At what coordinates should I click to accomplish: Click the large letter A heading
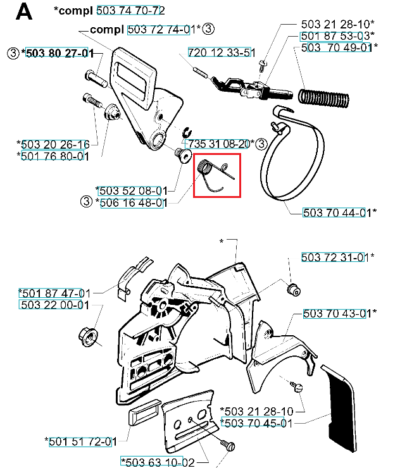(x=23, y=12)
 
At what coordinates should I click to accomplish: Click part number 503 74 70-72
(x=130, y=11)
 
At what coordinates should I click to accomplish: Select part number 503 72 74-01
(x=162, y=29)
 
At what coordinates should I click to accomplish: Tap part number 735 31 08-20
(x=218, y=144)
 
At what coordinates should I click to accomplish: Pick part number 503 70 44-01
(x=335, y=212)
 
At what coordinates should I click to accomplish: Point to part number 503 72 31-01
(x=335, y=257)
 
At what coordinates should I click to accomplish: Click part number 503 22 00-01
(x=53, y=305)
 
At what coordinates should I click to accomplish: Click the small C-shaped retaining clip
(x=187, y=132)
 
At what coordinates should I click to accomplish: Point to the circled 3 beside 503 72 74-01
(x=209, y=29)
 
